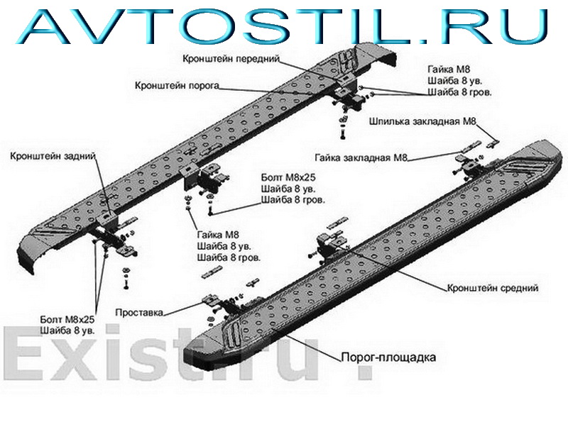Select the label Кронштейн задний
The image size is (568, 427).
[53, 155]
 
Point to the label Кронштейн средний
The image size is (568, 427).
[493, 289]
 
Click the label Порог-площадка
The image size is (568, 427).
[388, 357]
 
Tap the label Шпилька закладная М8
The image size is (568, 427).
[422, 121]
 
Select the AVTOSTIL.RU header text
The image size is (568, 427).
[284, 25]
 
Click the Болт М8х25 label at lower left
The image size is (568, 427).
[69, 319]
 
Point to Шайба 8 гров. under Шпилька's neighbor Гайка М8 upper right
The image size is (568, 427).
[459, 92]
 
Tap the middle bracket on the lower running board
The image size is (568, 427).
[330, 245]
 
